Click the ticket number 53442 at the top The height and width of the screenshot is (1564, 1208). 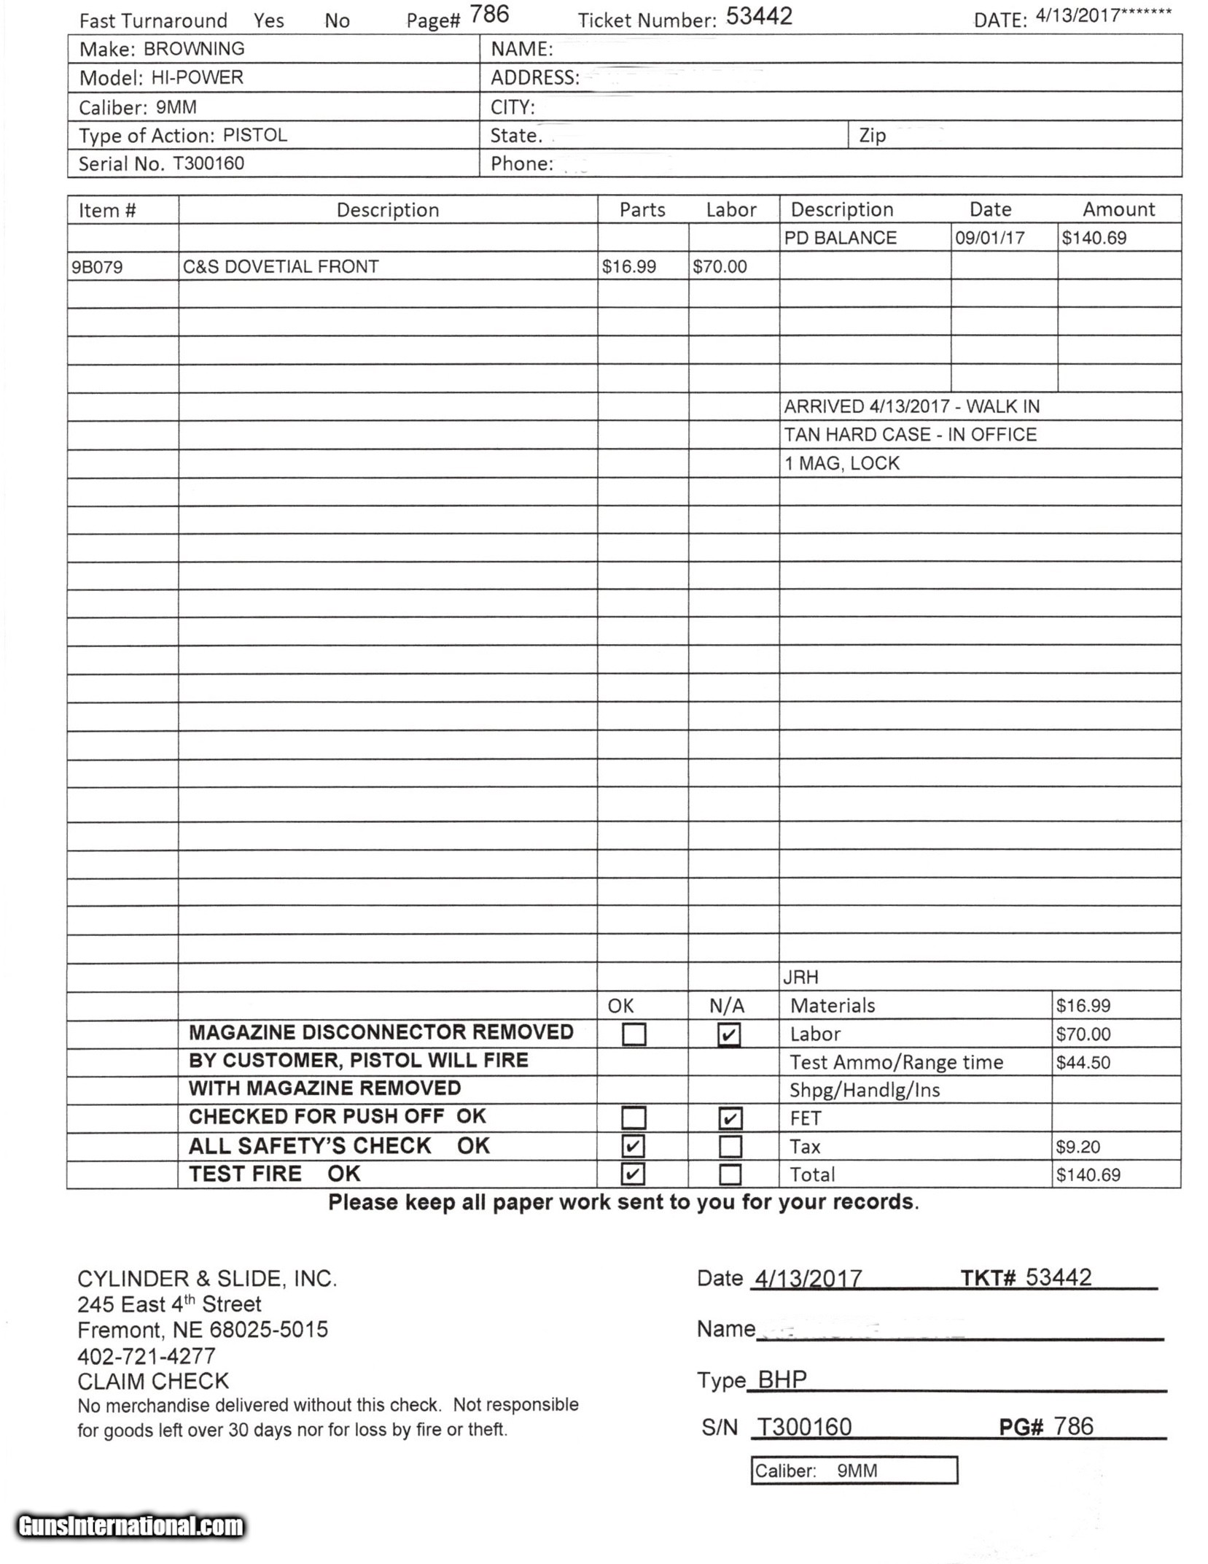point(758,17)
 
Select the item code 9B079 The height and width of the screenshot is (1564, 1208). point(97,267)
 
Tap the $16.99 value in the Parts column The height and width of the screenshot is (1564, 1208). point(628,267)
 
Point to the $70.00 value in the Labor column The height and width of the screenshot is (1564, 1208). point(720,267)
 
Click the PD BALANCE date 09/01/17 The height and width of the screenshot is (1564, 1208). point(989,238)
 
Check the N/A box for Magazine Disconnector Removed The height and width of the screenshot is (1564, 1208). point(729,1034)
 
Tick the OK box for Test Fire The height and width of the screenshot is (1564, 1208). point(633,1174)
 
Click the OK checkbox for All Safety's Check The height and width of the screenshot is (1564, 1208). point(633,1146)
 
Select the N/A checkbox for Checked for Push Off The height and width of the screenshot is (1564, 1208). point(730,1118)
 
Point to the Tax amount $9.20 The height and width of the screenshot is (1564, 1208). point(1078,1147)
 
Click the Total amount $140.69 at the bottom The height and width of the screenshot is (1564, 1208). point(1088,1174)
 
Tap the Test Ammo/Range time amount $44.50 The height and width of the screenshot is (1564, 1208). point(1083,1063)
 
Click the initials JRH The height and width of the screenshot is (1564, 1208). point(800,977)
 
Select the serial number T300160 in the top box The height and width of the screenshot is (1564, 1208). point(208,163)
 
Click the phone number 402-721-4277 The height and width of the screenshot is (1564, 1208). point(147,1356)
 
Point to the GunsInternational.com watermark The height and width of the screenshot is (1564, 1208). point(131,1526)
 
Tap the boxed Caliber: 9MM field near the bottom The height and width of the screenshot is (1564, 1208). point(853,1471)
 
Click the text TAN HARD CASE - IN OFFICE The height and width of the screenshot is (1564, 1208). point(910,435)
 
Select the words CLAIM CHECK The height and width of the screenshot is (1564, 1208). point(153,1381)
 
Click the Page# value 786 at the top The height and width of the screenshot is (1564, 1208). point(489,15)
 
